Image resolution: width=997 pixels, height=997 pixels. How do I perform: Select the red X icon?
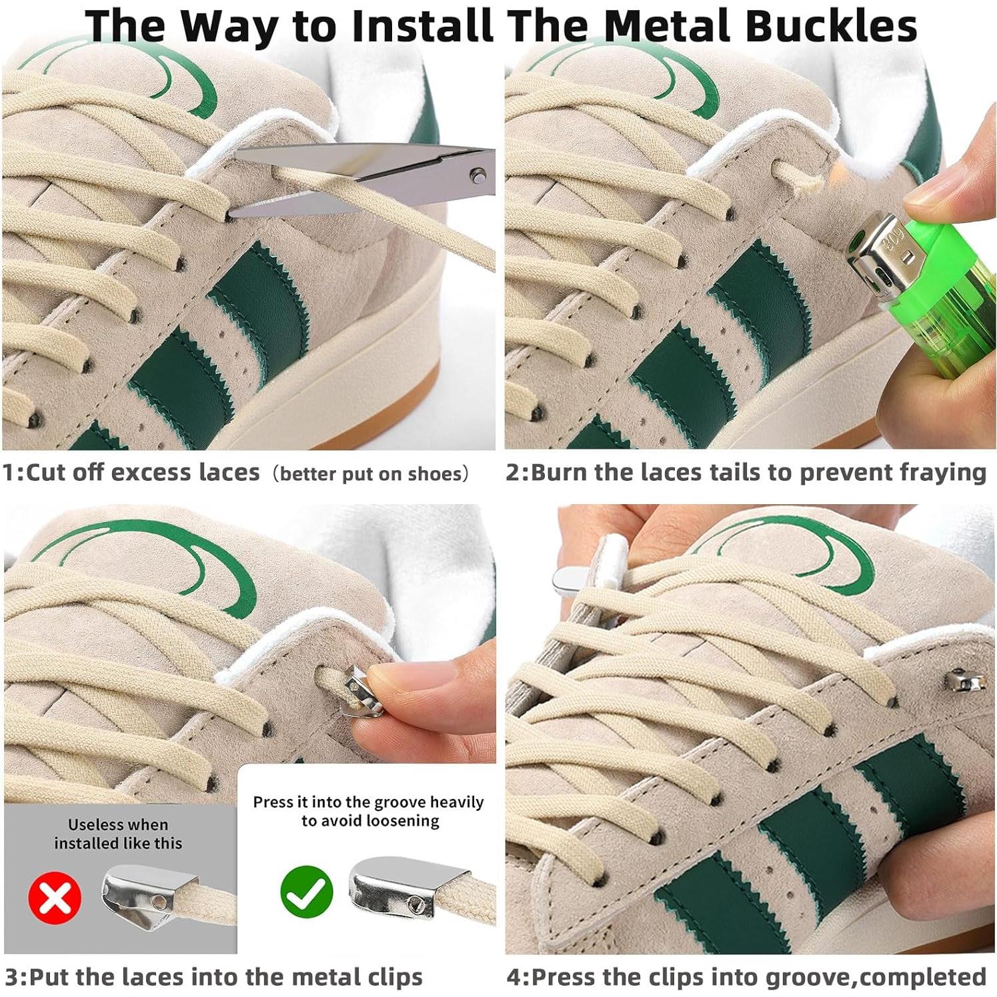(55, 897)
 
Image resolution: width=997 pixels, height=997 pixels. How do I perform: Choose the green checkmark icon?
(306, 892)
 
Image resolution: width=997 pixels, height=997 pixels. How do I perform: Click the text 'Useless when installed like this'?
(118, 834)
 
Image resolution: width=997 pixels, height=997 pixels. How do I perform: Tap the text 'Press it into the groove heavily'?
(368, 802)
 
